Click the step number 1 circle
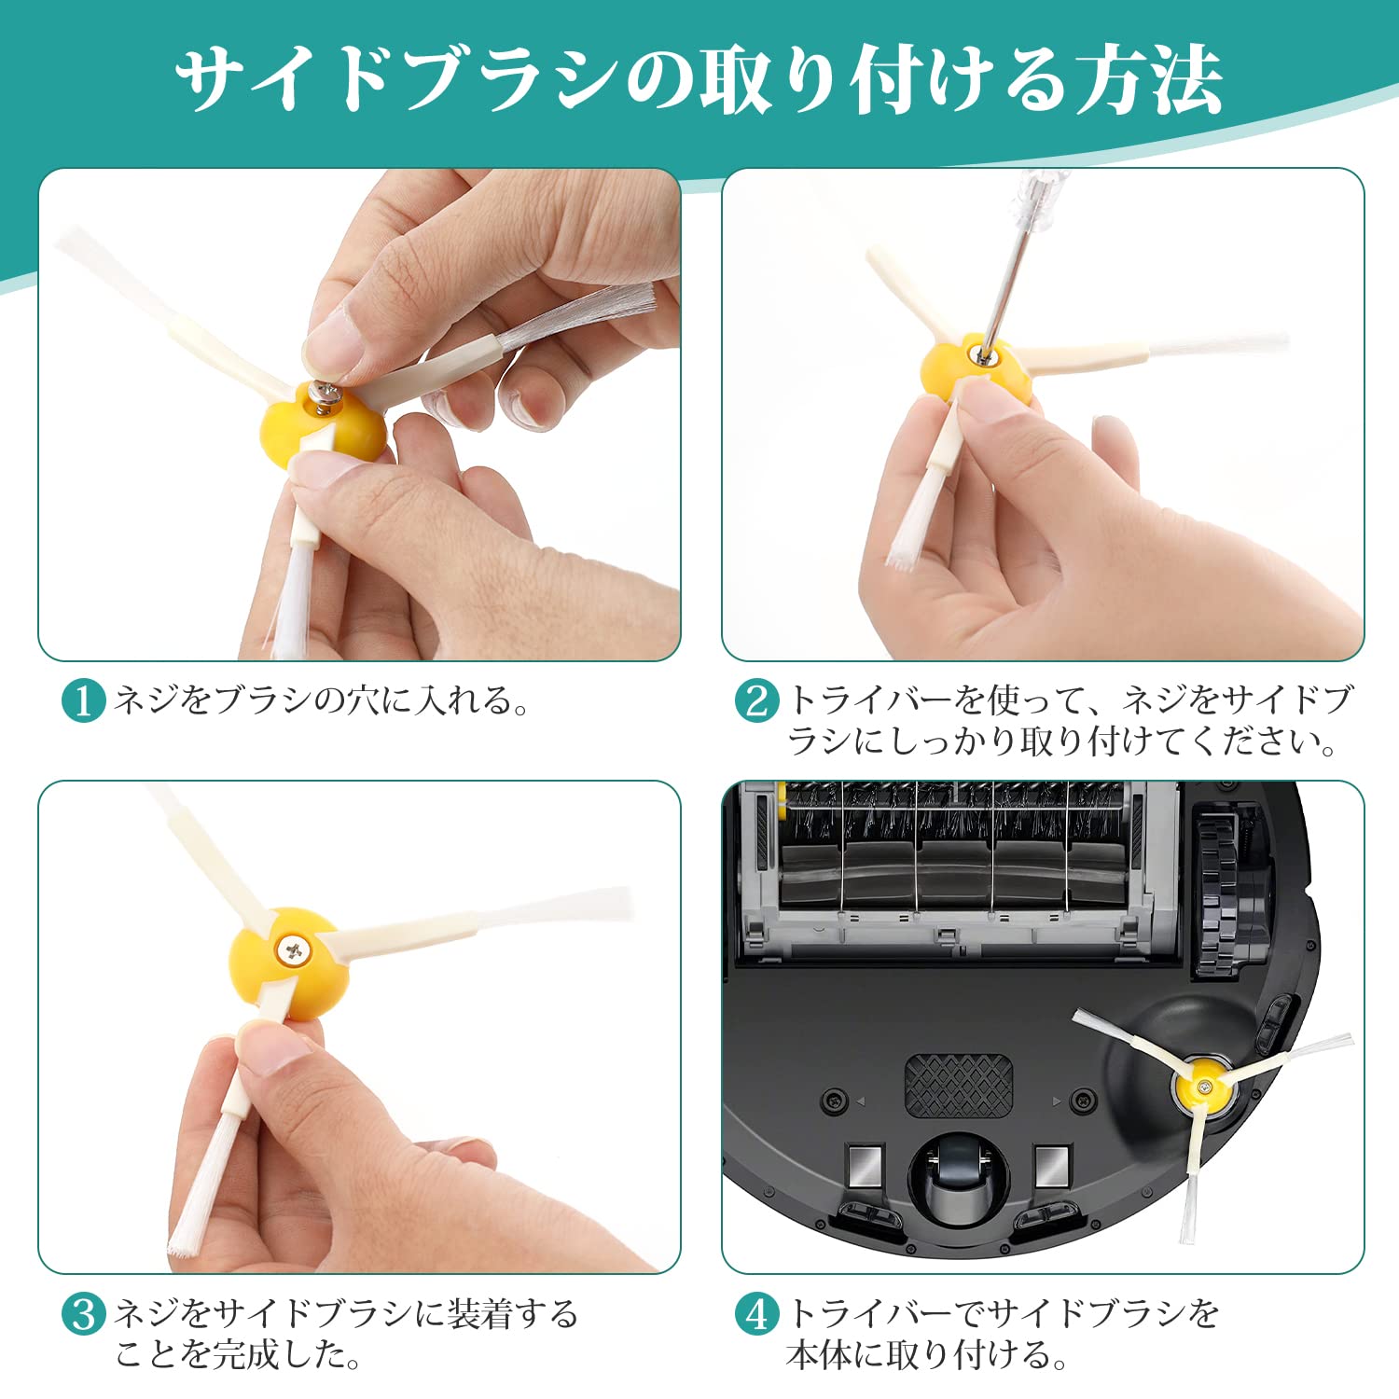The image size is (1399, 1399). (84, 700)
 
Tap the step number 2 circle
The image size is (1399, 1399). (756, 700)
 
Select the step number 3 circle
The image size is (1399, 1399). (84, 1314)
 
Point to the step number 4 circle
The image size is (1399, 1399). (756, 1314)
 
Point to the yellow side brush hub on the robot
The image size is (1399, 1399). (1202, 1086)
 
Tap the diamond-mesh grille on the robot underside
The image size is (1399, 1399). (959, 1085)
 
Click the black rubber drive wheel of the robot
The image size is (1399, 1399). (1218, 894)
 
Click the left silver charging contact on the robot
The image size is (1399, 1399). (865, 1165)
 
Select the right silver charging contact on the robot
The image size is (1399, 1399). (1052, 1165)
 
